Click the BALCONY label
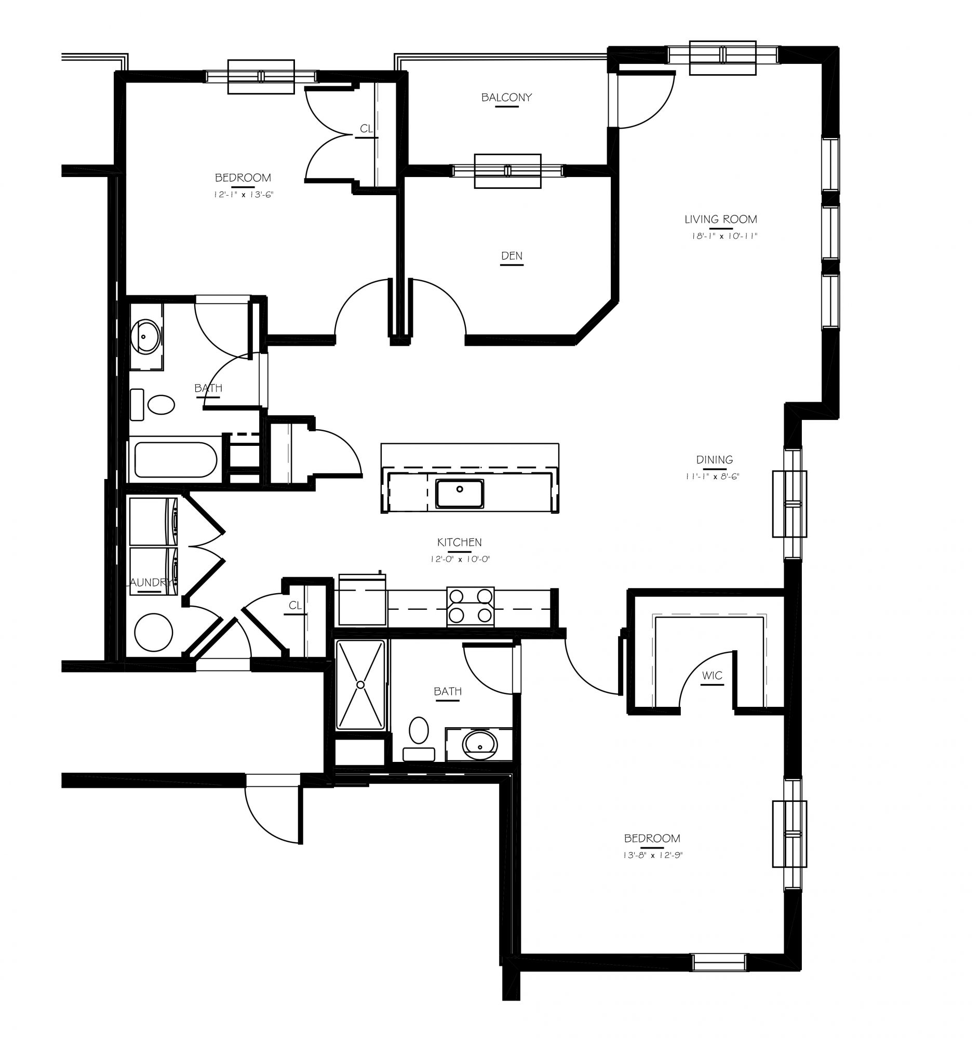point(507,98)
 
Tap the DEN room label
point(512,256)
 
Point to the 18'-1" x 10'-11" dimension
point(724,236)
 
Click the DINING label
point(714,459)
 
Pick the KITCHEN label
point(459,542)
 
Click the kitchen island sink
point(460,494)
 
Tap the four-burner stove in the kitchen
point(471,606)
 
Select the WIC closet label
point(712,676)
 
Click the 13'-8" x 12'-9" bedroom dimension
point(653,855)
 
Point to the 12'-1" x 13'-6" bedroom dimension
point(244,195)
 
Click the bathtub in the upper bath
point(176,460)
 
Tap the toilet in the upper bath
point(153,404)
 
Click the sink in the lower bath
point(479,744)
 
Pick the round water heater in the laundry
point(154,632)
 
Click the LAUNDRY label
point(151,583)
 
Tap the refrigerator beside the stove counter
point(363,600)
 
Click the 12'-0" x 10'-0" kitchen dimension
point(460,559)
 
